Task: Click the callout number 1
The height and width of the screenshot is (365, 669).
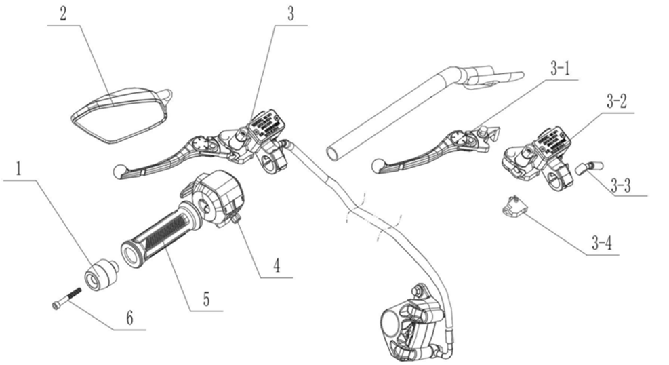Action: pyautogui.click(x=18, y=169)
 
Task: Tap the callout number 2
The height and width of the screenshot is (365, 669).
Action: pyautogui.click(x=63, y=14)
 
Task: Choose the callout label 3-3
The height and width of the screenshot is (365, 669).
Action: pyautogui.click(x=620, y=186)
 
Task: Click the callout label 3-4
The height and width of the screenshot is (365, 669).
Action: pyautogui.click(x=602, y=244)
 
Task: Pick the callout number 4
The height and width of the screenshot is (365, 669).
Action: pyautogui.click(x=277, y=265)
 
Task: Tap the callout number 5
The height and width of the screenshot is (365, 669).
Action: pyautogui.click(x=206, y=299)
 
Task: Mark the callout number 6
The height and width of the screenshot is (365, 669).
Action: pyautogui.click(x=129, y=318)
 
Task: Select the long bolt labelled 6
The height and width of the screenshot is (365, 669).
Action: pyautogui.click(x=66, y=298)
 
